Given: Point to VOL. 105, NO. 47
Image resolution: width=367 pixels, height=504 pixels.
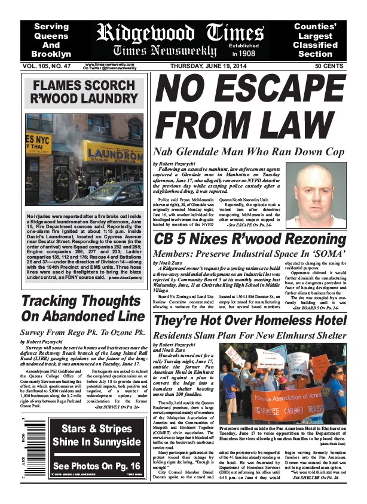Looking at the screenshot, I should pos(48,67).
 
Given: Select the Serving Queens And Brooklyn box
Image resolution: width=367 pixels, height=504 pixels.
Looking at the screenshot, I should pos(51,40).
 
